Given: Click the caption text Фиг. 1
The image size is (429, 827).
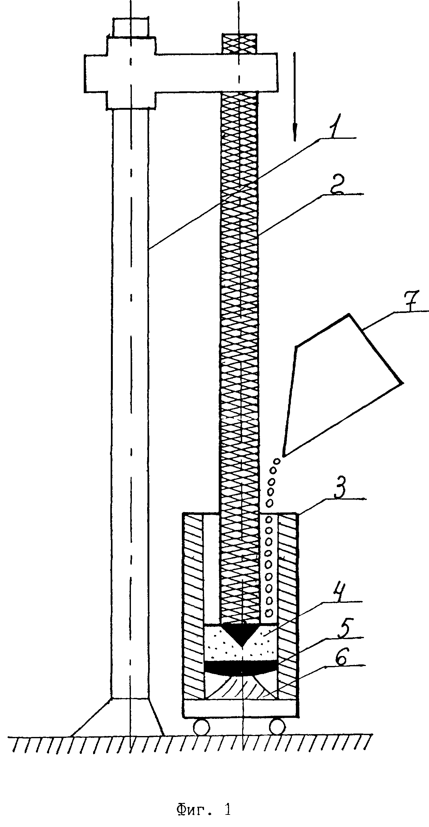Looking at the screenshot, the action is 203,798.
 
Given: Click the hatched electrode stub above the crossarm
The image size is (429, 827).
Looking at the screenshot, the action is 240,43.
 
